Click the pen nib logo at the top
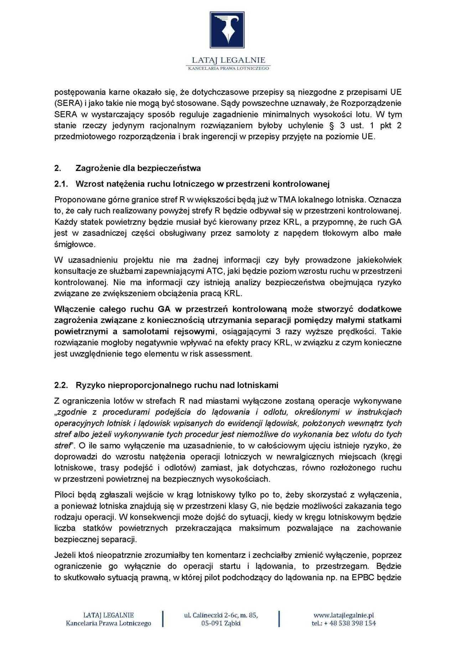227,30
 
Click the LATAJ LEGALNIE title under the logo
228,60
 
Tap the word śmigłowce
75,244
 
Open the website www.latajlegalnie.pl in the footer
343,615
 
